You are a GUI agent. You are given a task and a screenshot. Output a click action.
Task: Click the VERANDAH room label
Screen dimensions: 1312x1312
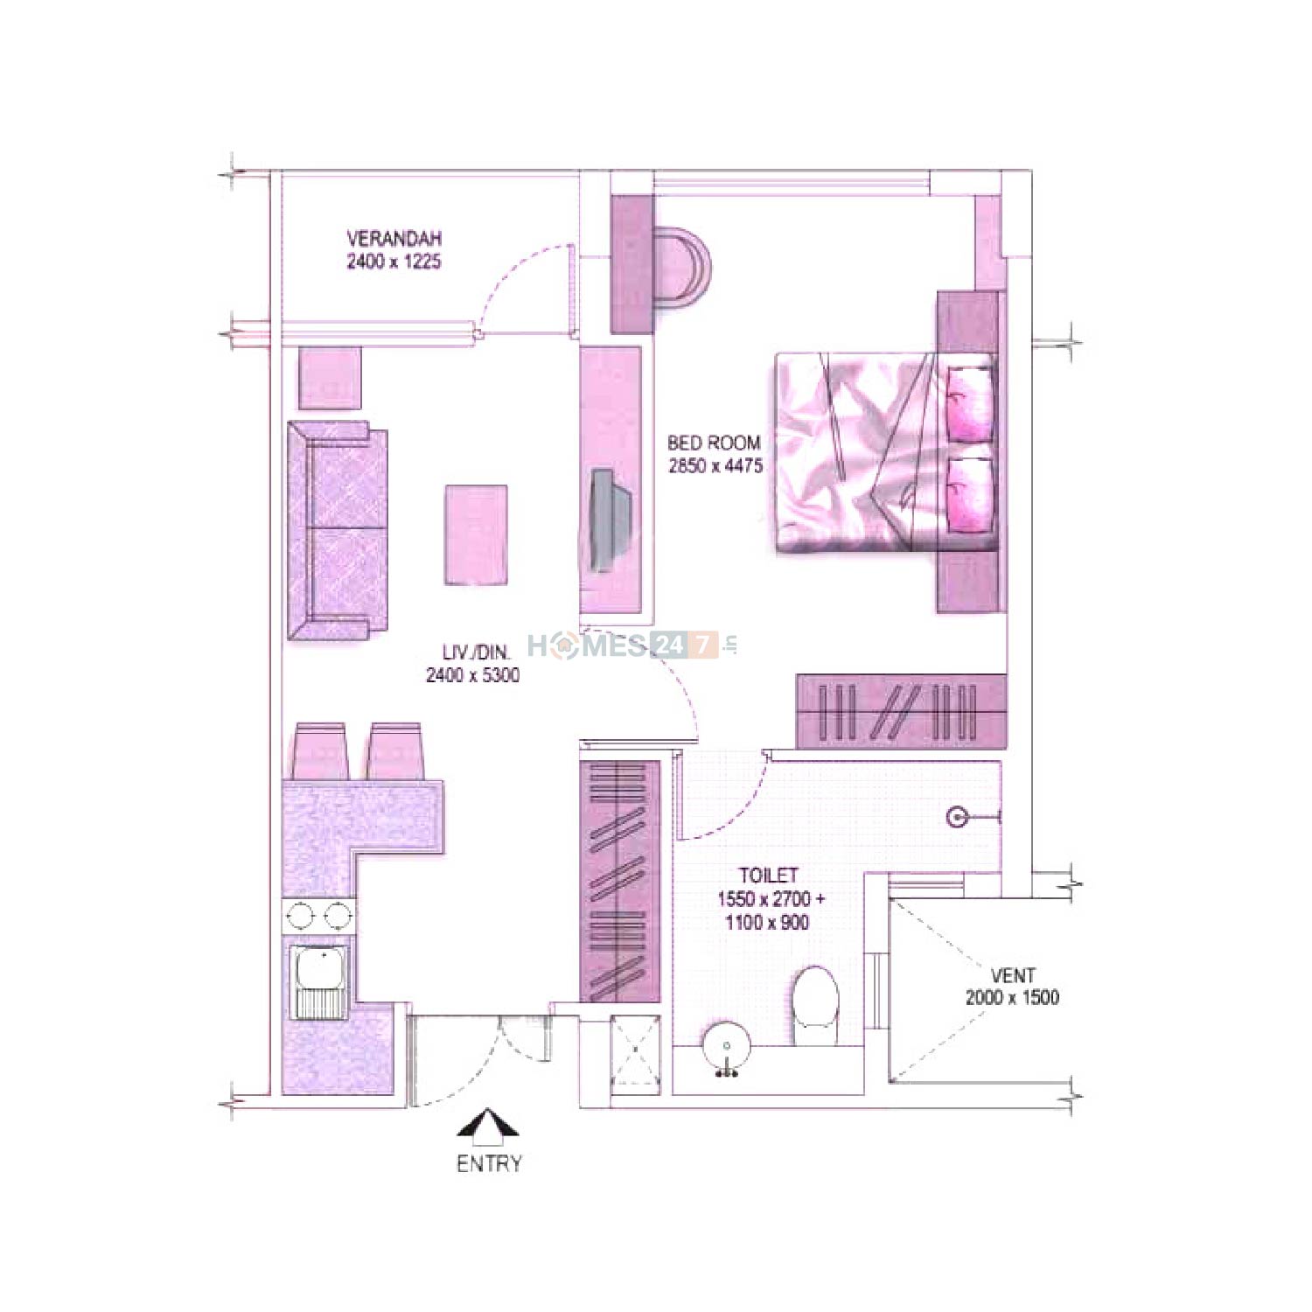point(394,238)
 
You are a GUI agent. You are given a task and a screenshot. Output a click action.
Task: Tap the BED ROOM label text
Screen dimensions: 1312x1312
point(714,443)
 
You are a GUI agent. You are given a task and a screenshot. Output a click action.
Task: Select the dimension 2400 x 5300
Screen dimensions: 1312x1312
point(472,675)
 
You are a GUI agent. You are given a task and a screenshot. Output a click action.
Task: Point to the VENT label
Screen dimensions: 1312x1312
point(1013,975)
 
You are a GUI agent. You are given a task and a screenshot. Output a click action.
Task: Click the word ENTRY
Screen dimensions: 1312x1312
point(489,1163)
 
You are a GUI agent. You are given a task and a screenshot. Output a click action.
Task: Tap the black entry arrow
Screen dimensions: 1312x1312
point(488,1127)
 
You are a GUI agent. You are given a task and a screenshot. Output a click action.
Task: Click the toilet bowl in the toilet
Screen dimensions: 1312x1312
point(815,1005)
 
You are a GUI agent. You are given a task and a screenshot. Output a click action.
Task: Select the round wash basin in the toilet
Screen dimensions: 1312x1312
point(726,1047)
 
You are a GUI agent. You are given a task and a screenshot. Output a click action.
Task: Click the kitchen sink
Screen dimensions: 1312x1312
point(320,981)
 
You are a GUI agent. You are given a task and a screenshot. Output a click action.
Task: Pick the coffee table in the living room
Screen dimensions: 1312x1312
point(476,534)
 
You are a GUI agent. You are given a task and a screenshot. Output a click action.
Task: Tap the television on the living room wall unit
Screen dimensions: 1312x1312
point(609,520)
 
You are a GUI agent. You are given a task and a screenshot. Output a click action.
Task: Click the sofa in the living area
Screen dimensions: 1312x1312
point(338,531)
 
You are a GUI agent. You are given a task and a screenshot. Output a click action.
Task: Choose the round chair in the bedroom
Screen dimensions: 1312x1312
point(681,265)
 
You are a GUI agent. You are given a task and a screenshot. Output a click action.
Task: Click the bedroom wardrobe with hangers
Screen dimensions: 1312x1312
point(901,711)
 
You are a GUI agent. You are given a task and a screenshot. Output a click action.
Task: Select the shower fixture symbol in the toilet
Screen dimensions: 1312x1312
point(959,818)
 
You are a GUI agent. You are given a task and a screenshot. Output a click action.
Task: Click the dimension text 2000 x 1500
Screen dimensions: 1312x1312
point(1012,997)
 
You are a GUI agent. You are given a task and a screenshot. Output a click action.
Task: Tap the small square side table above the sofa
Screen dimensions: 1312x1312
point(331,378)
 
